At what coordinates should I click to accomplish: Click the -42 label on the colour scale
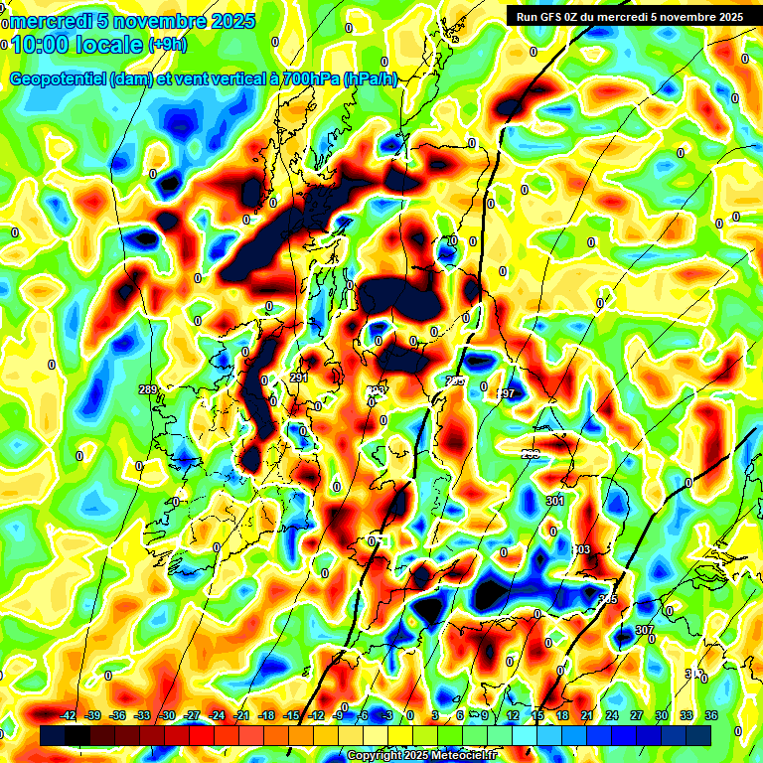(x=69, y=715)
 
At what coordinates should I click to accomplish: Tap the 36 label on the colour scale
(x=712, y=715)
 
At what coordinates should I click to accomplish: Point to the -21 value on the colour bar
(x=241, y=715)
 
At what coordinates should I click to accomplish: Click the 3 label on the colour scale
(x=435, y=715)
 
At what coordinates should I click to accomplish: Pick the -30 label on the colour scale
(x=167, y=715)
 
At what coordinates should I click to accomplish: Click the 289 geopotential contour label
(x=149, y=389)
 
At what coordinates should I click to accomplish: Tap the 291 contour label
(x=299, y=378)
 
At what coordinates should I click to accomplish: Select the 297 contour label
(x=505, y=393)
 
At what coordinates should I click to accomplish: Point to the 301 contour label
(x=554, y=501)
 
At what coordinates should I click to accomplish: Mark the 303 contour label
(x=581, y=549)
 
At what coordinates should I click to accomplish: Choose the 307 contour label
(x=644, y=631)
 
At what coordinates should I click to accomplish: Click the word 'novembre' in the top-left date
(x=154, y=21)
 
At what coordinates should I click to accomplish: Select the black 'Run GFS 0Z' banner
(x=629, y=16)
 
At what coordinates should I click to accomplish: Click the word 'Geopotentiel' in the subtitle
(x=59, y=79)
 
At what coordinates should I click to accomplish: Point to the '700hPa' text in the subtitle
(x=305, y=79)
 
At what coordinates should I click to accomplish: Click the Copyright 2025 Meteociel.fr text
(x=422, y=756)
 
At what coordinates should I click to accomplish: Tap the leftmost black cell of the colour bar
(x=53, y=735)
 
